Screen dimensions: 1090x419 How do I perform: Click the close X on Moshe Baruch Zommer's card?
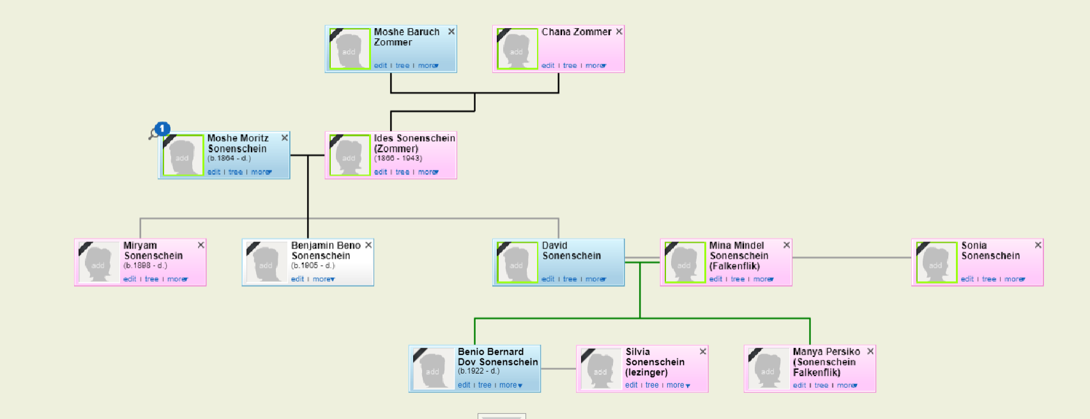[451, 32]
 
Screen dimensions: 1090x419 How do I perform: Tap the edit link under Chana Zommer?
[548, 66]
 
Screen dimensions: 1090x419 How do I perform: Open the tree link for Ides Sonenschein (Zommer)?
[402, 172]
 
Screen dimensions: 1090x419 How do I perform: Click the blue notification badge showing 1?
[162, 129]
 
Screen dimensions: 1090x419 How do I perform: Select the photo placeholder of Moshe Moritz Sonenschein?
[183, 155]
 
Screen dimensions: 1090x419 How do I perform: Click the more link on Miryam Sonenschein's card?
[178, 279]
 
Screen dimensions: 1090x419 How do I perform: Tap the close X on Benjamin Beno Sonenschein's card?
[368, 245]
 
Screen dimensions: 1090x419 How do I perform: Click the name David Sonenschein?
[571, 250]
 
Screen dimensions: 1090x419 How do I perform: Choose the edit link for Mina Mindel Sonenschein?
[716, 279]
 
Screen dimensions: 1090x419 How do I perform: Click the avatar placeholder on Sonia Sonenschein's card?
[936, 263]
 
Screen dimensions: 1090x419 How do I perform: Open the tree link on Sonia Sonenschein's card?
[989, 279]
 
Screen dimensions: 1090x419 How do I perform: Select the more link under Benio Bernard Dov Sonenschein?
[511, 385]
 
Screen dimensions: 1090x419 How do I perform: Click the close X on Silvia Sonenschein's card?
[702, 351]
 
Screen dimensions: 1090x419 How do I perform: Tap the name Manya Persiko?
[826, 352]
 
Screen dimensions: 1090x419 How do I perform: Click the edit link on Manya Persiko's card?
[799, 385]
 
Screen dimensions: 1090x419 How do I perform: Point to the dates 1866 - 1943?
[398, 158]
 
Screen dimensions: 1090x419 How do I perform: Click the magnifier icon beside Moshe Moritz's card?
[153, 134]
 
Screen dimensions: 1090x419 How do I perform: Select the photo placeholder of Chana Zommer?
[517, 49]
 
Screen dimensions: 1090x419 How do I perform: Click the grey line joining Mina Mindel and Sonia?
[852, 257]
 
